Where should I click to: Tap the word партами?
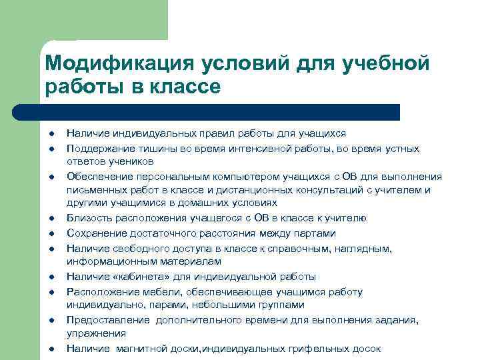[316, 233]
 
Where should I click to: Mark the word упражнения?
[92, 333]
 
